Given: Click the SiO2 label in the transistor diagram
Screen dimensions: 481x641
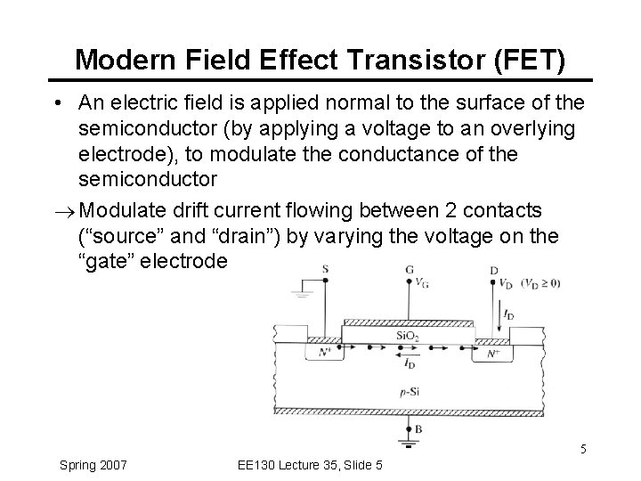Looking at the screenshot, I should (x=409, y=335).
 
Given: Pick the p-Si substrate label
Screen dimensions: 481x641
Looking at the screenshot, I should (x=410, y=390).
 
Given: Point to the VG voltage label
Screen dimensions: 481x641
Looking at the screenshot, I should (x=421, y=284).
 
